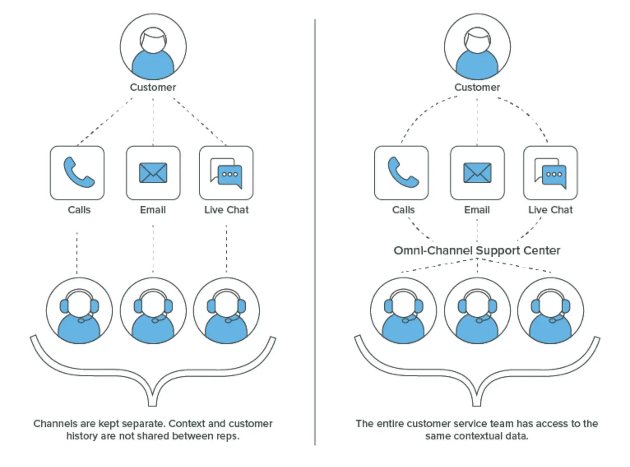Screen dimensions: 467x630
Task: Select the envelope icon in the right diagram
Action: coord(477,173)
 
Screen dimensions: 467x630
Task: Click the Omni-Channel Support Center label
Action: coord(477,250)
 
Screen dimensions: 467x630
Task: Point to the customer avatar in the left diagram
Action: coord(153,47)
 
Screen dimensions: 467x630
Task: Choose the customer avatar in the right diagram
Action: coord(477,47)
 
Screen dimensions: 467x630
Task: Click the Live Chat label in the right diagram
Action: coord(550,210)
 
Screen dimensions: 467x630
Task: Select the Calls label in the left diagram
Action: coord(79,210)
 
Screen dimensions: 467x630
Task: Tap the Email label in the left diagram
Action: coord(153,210)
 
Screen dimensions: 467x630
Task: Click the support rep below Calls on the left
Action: coord(79,311)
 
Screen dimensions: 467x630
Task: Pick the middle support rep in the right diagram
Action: coord(477,311)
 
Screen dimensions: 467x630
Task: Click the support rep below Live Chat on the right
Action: coord(550,311)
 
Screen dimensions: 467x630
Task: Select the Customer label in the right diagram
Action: coord(477,87)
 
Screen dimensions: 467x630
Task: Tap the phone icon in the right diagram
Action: coord(402,173)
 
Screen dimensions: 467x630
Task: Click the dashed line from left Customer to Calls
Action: coord(105,121)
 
